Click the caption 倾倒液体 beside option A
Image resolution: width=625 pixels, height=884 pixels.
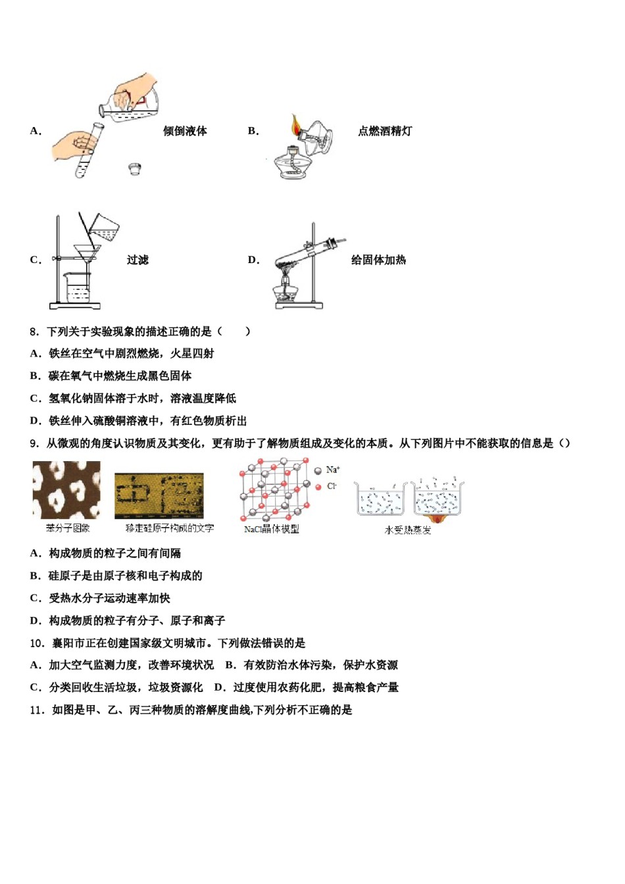click(185, 131)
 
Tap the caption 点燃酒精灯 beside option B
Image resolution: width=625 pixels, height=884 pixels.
click(385, 131)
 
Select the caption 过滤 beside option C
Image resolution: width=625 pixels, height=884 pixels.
click(137, 260)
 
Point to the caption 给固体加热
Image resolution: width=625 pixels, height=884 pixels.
click(378, 260)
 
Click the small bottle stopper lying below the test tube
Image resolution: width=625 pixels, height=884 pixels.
click(135, 169)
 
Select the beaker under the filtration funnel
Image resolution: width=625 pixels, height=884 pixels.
click(77, 287)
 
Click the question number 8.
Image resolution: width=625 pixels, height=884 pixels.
click(34, 331)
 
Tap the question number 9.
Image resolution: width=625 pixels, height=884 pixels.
click(34, 443)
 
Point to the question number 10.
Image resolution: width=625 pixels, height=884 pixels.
click(37, 643)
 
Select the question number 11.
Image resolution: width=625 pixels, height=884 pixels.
click(37, 710)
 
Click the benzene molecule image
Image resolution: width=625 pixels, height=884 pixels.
click(66, 490)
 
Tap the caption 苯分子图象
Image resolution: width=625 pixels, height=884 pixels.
click(67, 528)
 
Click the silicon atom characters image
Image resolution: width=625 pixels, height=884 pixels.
click(159, 496)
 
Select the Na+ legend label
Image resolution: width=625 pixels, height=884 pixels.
click(333, 470)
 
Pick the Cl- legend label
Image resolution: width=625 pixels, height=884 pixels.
click(332, 486)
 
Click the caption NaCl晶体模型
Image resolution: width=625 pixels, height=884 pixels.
click(271, 529)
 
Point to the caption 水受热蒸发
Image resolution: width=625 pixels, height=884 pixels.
click(408, 530)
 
